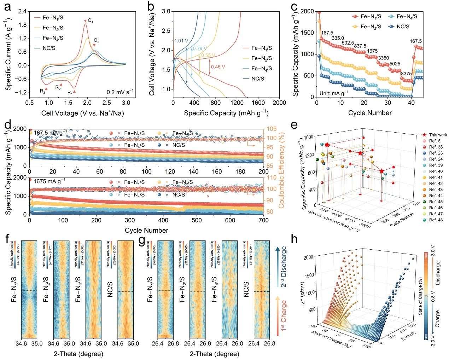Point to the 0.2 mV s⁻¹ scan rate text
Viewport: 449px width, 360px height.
click(120, 91)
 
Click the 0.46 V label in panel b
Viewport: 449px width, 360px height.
click(218, 66)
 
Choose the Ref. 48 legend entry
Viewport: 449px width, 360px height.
click(435, 220)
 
